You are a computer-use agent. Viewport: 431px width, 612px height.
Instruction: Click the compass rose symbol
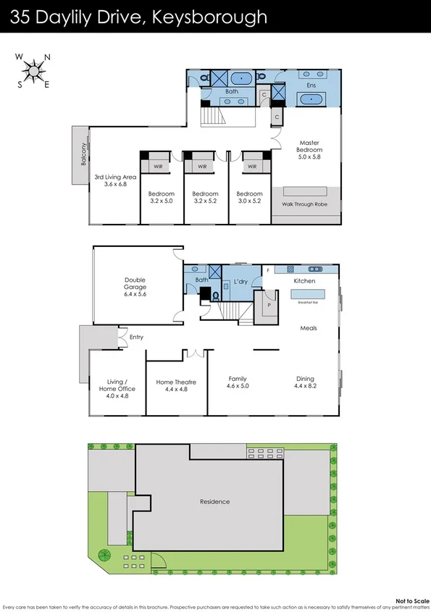(33, 70)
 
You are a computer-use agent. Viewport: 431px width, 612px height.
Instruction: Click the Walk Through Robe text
(304, 204)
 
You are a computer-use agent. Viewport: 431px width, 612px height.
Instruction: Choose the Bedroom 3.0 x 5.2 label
(249, 198)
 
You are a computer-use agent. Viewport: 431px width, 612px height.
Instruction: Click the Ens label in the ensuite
(311, 85)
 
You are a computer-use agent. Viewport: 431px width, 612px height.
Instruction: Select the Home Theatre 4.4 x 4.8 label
(176, 386)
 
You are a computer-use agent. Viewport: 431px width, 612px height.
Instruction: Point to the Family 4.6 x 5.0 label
(238, 382)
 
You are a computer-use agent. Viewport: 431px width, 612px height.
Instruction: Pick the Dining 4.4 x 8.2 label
(305, 382)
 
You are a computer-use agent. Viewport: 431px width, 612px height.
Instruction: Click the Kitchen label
(304, 280)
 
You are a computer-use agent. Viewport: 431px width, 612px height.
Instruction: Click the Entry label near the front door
(136, 337)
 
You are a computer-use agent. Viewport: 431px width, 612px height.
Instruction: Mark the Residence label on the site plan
(214, 501)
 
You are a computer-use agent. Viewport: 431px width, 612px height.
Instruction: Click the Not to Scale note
(410, 600)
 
